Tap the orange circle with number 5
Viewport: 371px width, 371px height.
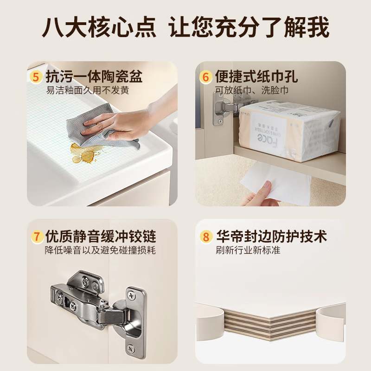pos(36,77)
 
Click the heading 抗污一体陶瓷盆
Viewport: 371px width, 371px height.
pos(93,77)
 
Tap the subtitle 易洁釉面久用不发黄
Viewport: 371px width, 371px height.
pos(87,90)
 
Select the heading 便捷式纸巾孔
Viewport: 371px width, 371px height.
pos(256,77)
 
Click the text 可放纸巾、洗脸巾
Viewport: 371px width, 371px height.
pos(249,90)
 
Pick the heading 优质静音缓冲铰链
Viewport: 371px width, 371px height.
pos(100,237)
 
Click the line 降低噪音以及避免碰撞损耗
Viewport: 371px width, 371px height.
pos(100,250)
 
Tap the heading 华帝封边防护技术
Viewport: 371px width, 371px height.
pos(271,237)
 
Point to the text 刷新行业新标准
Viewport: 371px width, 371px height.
pos(248,250)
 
